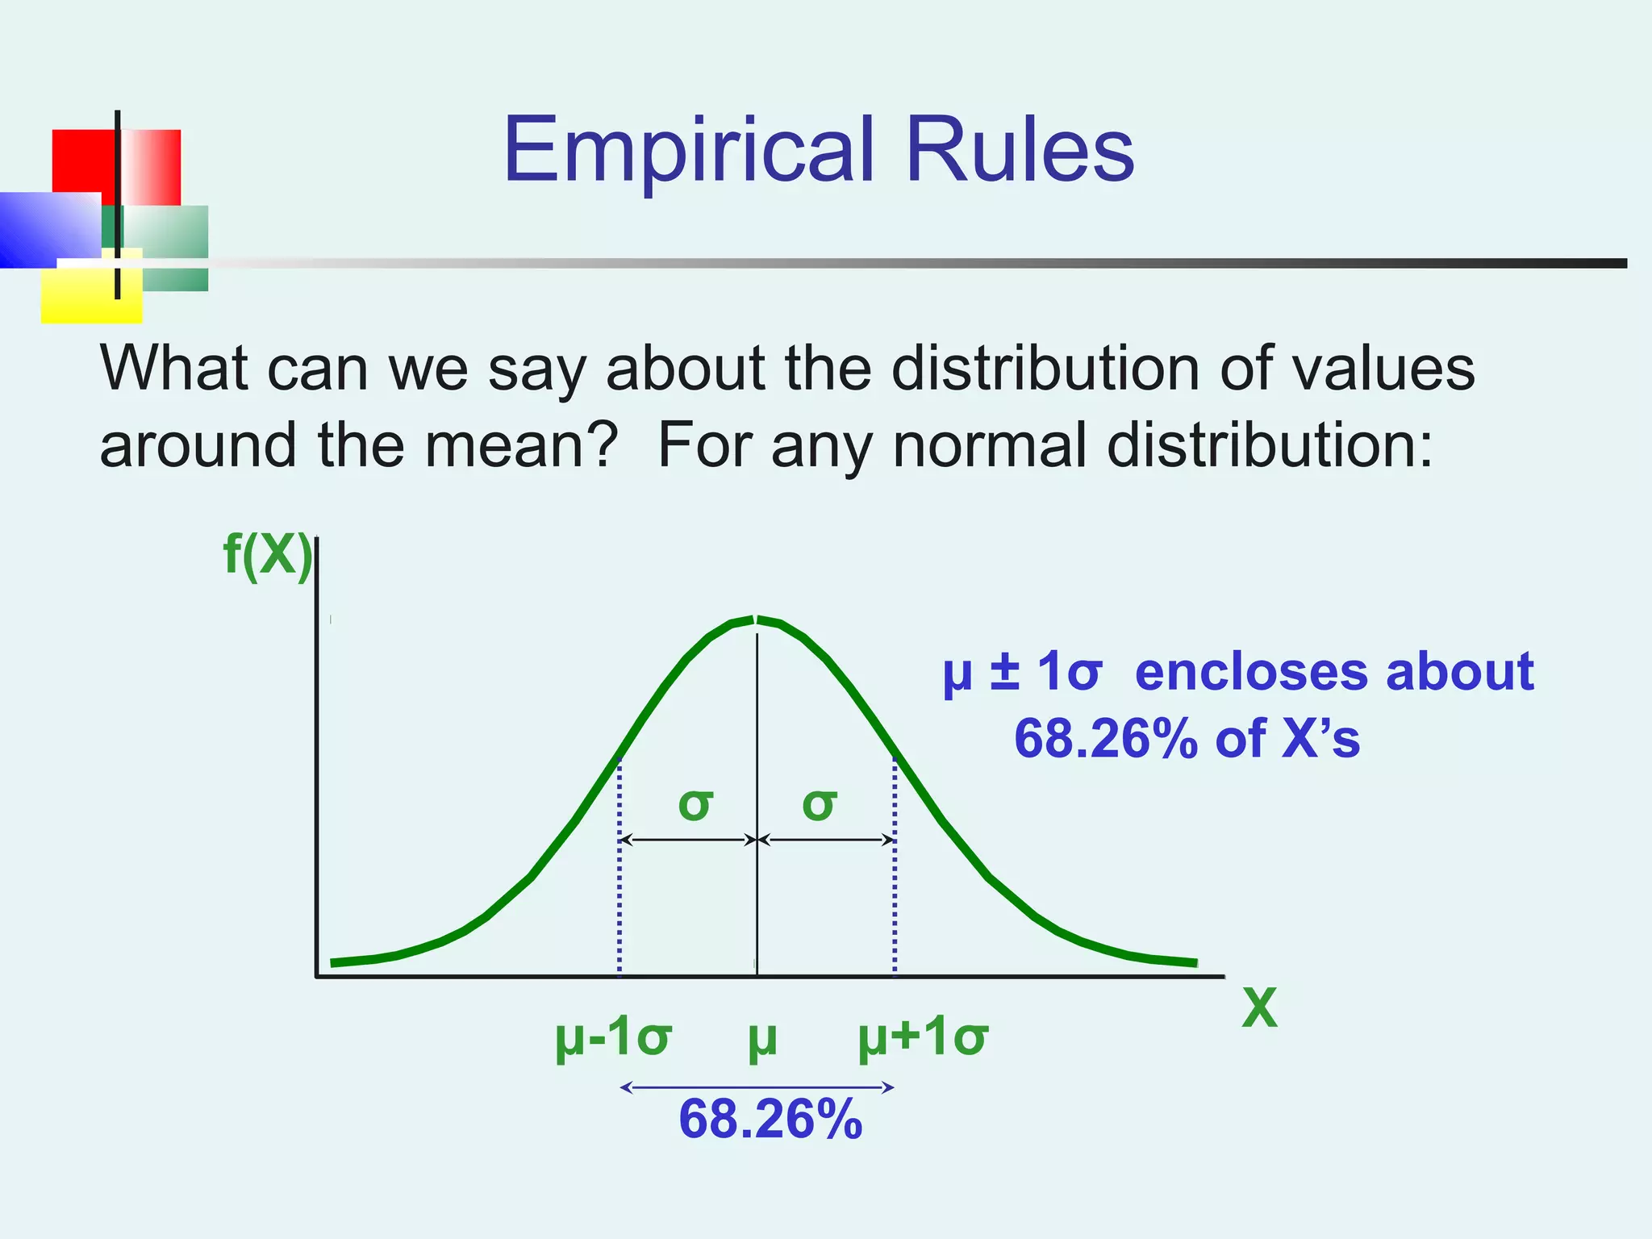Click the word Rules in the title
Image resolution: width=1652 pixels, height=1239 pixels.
click(x=1020, y=151)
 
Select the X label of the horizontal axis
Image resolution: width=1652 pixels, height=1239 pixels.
click(x=1259, y=1007)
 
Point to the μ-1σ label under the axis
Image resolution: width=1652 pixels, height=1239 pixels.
click(x=613, y=1037)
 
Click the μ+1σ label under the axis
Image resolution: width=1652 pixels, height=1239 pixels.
click(x=922, y=1037)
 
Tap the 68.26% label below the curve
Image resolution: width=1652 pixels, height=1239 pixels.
click(x=770, y=1120)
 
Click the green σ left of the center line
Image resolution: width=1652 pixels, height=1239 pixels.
click(x=695, y=804)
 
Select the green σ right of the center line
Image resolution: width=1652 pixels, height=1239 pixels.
click(x=820, y=804)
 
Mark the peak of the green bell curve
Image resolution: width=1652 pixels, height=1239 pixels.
click(x=756, y=619)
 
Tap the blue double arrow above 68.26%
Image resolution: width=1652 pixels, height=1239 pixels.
click(x=757, y=1087)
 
